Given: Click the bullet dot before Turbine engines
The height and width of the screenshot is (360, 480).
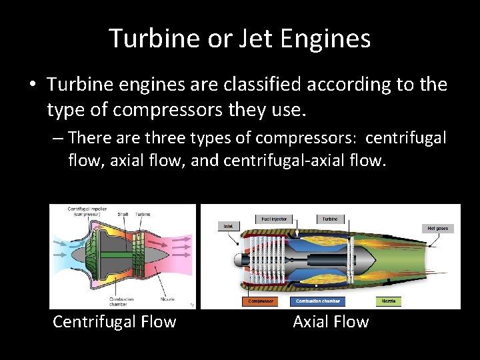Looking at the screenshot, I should pyautogui.click(x=32, y=85).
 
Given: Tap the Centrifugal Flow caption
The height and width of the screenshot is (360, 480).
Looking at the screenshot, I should pyautogui.click(x=114, y=322).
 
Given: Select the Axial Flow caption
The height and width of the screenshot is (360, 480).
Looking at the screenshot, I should pyautogui.click(x=331, y=322).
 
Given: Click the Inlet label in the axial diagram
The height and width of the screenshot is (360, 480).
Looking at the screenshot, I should pyautogui.click(x=229, y=227).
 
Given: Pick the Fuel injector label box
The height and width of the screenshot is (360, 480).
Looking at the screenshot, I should pyautogui.click(x=273, y=219).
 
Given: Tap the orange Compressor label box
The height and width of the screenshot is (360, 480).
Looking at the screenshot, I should pyautogui.click(x=261, y=301).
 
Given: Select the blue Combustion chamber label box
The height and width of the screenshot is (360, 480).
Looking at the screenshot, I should pyautogui.click(x=318, y=301).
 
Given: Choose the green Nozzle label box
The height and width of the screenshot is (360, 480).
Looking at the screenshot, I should pyautogui.click(x=389, y=301).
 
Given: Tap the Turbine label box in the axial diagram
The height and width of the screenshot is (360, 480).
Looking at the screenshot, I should pyautogui.click(x=330, y=219).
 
